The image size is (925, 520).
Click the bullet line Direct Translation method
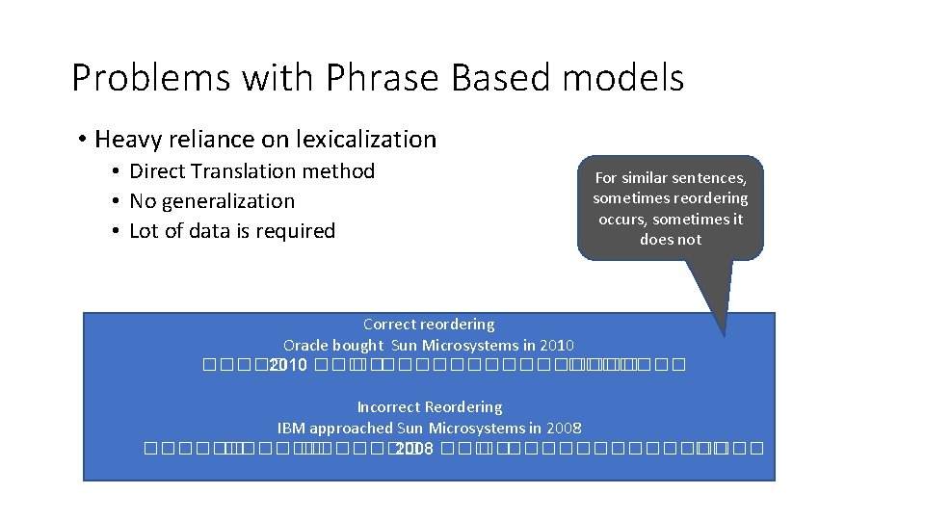pos(251,171)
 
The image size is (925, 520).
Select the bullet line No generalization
pos(212,201)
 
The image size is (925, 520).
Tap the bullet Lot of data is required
pos(231,231)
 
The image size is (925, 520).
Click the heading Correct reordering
pos(429,325)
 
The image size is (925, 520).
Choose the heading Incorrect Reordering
pos(429,407)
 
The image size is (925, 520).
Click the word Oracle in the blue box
pos(305,345)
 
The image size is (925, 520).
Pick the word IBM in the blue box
pos(292,428)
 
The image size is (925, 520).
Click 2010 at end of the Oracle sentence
pos(557,345)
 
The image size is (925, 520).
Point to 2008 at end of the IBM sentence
pos(564,428)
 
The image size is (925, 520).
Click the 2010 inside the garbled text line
pos(288,366)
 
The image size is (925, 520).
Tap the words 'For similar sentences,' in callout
pos(670,178)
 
